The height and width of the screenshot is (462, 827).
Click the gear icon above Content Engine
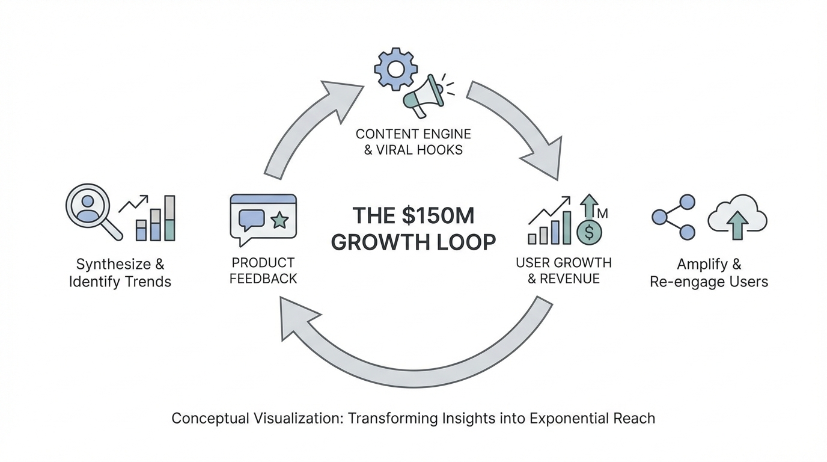pos(395,69)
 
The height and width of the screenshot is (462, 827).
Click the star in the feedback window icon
pos(279,220)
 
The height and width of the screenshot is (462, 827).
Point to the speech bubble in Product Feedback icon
pos(251,220)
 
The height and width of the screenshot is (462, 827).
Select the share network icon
pos(674,217)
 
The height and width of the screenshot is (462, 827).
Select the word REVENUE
pos(570,279)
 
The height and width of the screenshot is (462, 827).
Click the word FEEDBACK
pos(263,279)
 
